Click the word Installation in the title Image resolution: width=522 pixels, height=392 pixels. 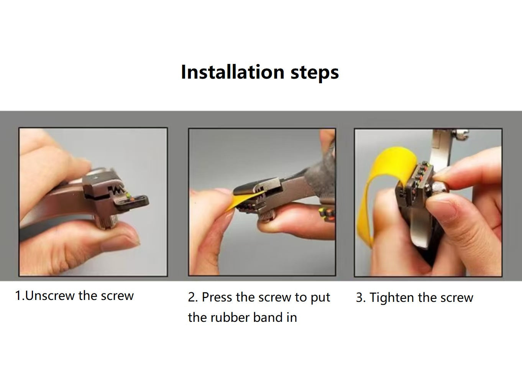coord(233,72)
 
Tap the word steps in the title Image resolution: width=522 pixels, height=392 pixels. coord(315,73)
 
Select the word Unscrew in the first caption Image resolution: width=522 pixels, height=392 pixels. coord(50,296)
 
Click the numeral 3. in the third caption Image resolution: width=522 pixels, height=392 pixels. coord(361,298)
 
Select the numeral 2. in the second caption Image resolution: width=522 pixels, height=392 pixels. coord(193,298)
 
